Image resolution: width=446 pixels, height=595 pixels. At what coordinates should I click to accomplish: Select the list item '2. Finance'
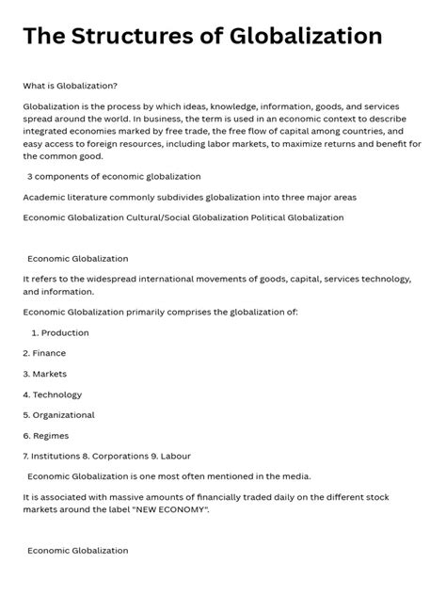pos(44,353)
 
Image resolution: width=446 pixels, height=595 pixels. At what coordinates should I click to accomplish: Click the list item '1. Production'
pos(59,332)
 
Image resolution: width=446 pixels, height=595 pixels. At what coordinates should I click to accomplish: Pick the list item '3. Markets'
pos(44,374)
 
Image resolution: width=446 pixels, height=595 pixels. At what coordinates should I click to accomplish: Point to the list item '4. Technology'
pos(52,394)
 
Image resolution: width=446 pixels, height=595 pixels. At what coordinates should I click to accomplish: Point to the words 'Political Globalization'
pos(295,217)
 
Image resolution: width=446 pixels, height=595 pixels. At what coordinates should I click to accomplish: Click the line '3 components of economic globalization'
pos(114,176)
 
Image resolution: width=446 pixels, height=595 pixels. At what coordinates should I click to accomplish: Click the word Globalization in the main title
pos(306,36)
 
